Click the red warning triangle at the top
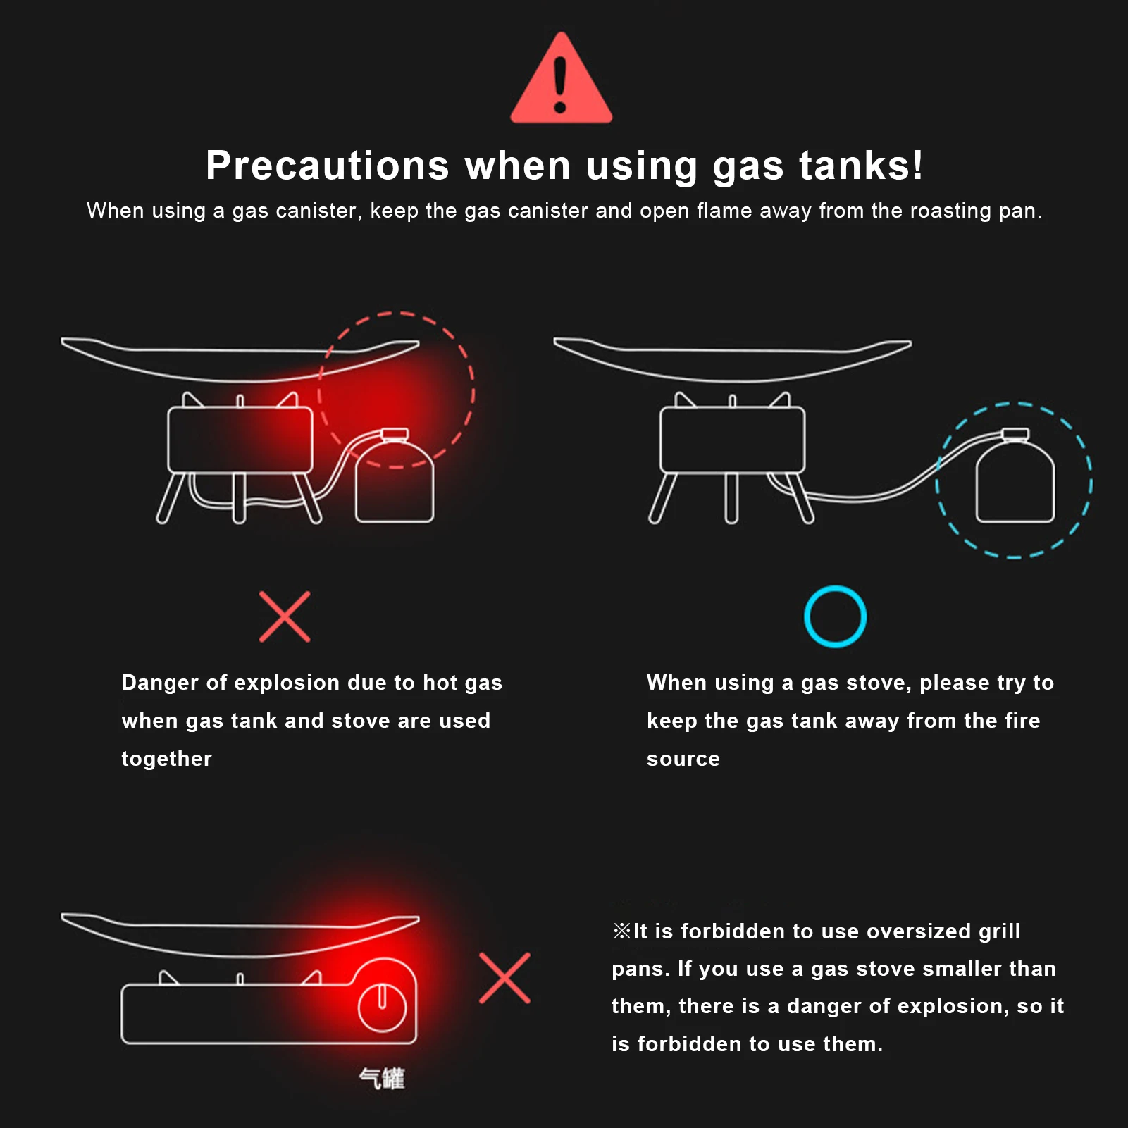561,79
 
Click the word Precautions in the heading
328,166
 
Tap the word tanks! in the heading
860,166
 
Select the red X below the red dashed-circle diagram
285,616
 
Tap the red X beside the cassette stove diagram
504,978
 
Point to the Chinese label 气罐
382,1078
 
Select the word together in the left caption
167,759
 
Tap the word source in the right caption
683,759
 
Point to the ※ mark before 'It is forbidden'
621,931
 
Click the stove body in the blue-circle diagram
732,440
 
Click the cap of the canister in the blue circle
1015,434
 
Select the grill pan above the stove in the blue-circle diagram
732,360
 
